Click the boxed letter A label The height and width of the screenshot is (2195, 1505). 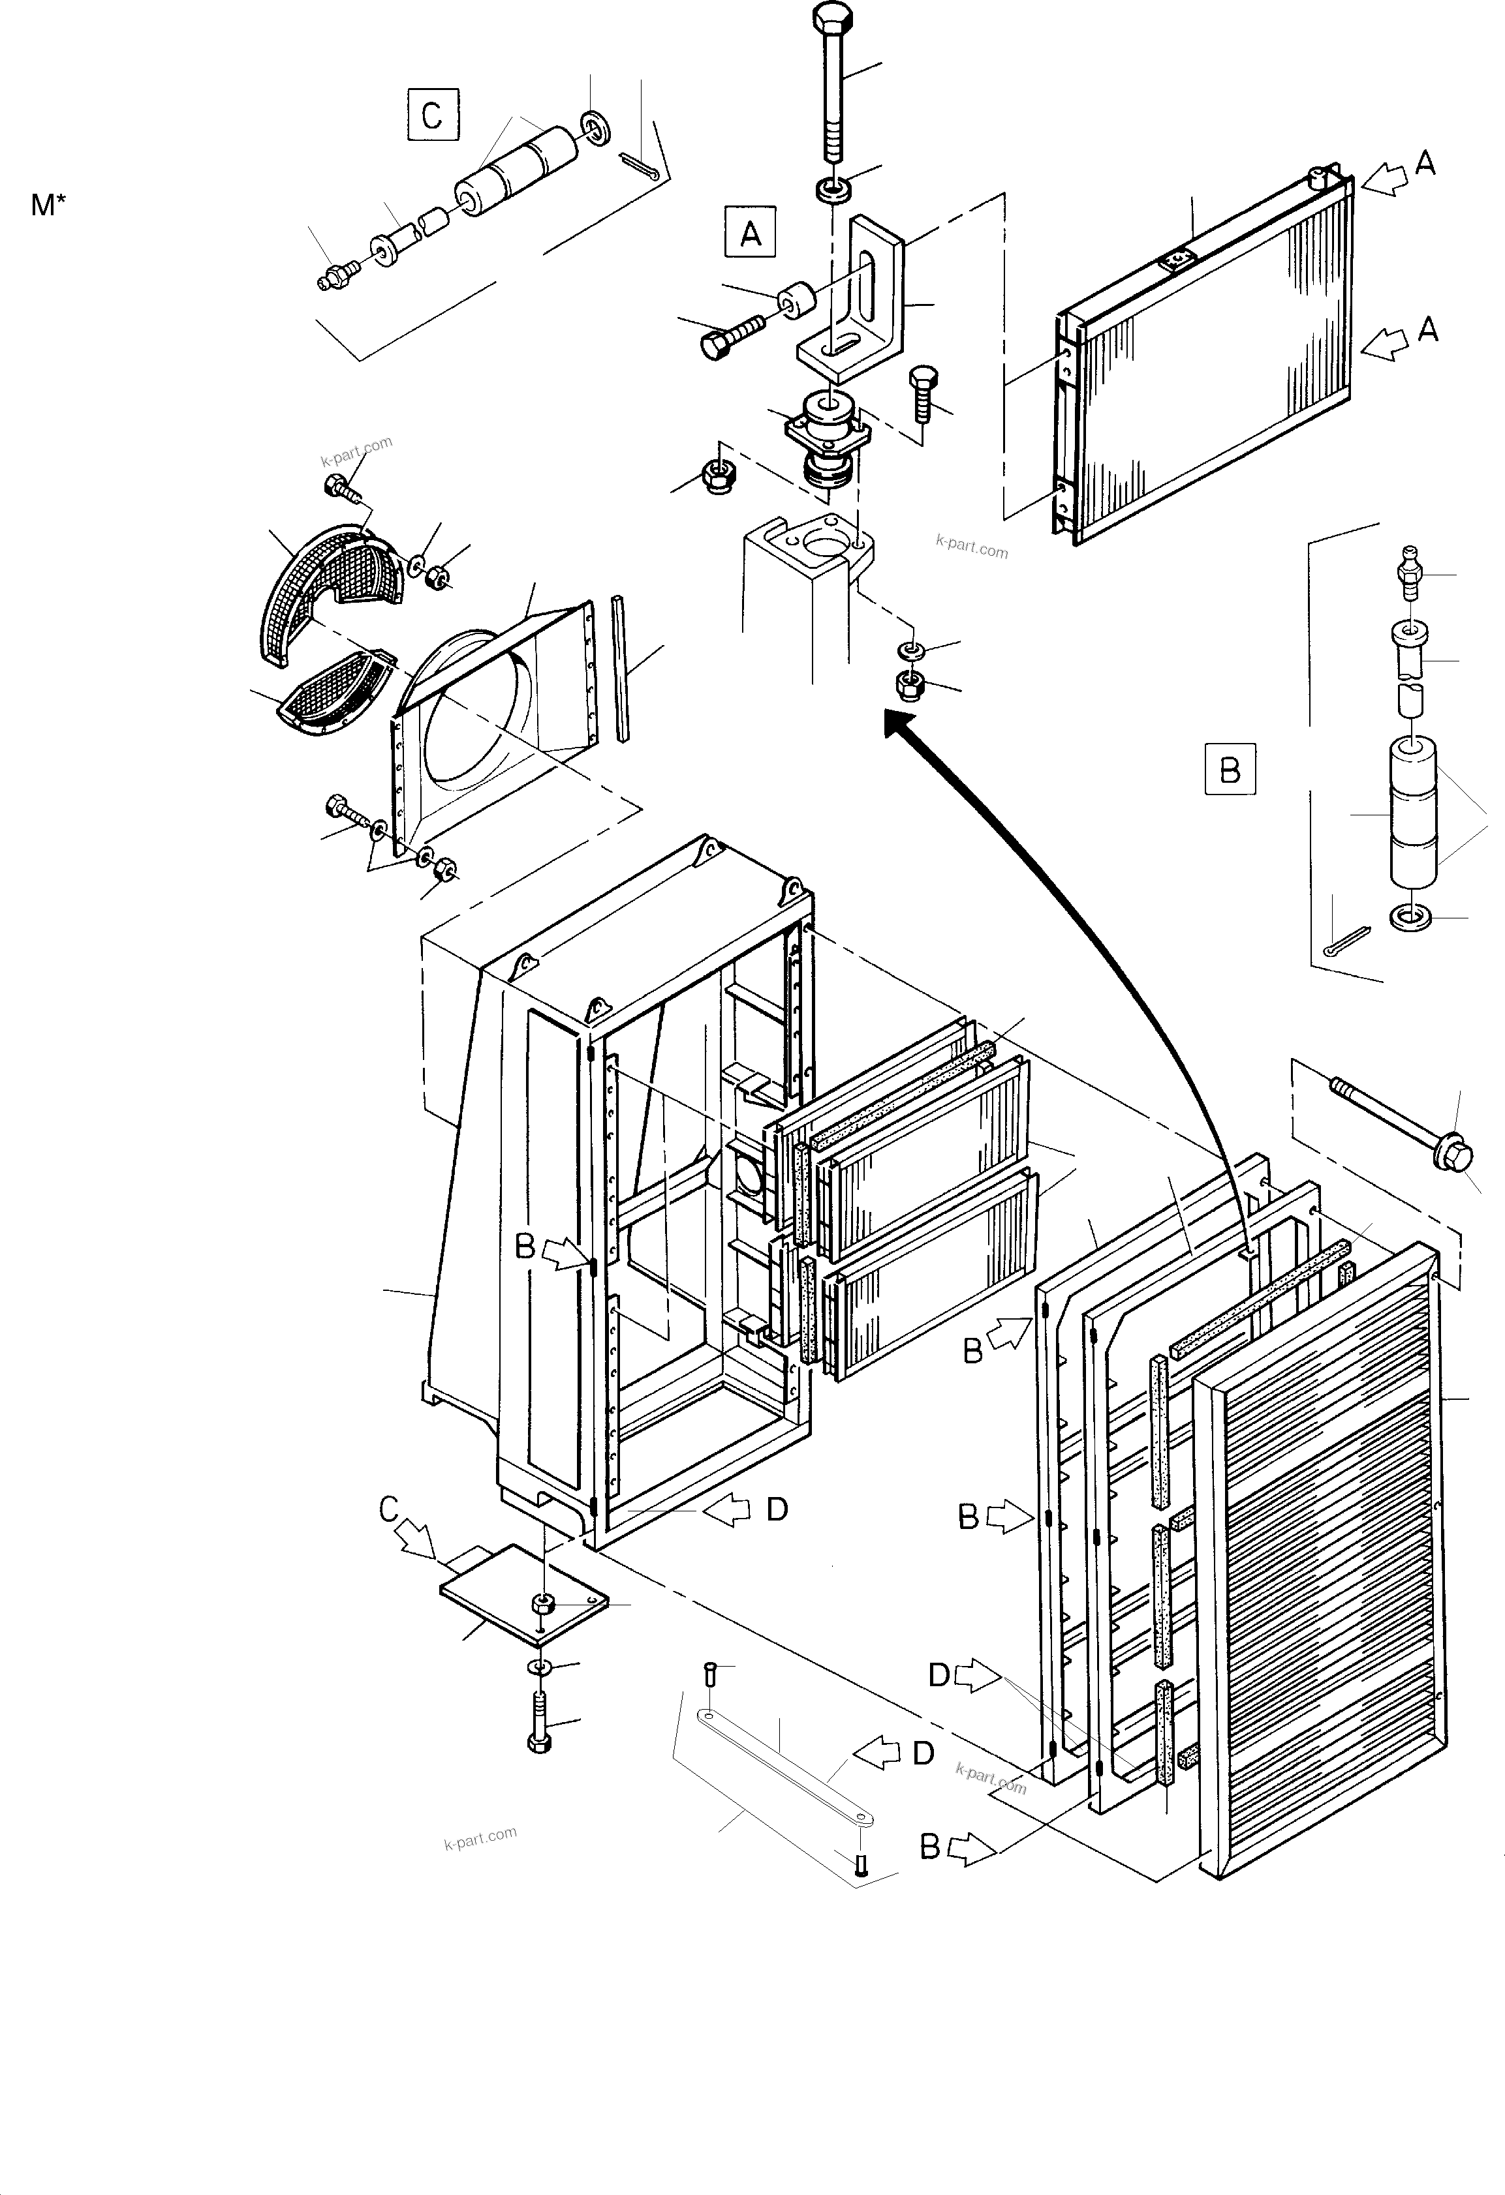(x=750, y=232)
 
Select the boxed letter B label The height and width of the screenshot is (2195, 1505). (x=1229, y=770)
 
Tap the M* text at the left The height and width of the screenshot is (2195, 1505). (x=48, y=205)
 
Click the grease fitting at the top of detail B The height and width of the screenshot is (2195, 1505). (x=1410, y=571)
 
